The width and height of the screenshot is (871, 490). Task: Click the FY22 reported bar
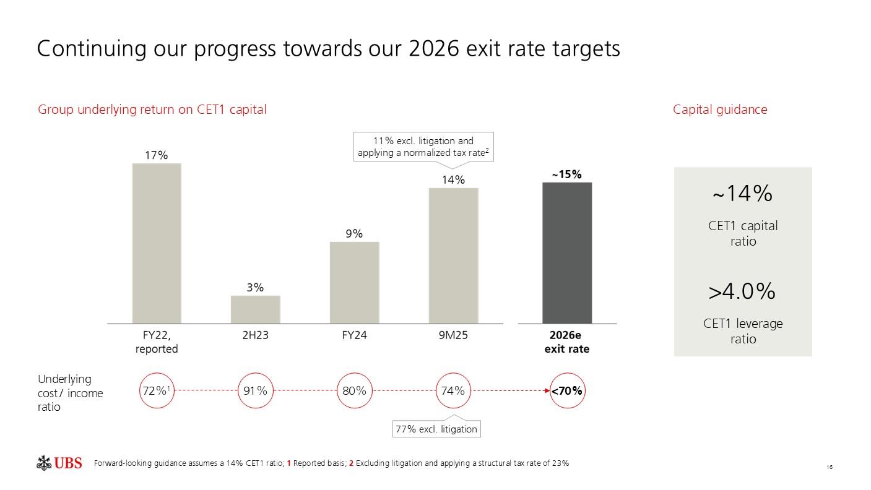click(x=157, y=243)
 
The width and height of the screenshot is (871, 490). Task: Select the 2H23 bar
click(x=255, y=309)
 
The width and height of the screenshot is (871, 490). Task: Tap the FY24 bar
click(x=354, y=282)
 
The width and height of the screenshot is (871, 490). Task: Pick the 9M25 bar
click(x=453, y=256)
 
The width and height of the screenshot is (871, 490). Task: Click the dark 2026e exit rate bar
click(x=567, y=252)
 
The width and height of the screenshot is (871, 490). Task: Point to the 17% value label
click(x=157, y=155)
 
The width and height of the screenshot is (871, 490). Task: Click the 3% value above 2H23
click(x=255, y=288)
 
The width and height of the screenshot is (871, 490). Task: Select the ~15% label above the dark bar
click(x=567, y=174)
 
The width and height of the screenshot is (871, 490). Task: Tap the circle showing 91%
click(x=256, y=391)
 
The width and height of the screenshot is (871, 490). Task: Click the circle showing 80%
click(x=354, y=391)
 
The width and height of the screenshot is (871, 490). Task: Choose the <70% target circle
click(x=568, y=391)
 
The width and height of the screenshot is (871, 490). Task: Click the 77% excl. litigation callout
click(x=436, y=429)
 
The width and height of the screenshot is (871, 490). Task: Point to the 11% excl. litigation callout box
click(x=424, y=147)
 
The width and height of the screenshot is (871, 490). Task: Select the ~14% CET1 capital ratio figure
click(x=742, y=194)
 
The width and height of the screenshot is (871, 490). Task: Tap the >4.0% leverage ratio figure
click(x=742, y=291)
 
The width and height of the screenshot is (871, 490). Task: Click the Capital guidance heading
click(x=720, y=110)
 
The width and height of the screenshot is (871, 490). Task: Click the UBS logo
click(x=59, y=463)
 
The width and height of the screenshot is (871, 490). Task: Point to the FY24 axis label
click(x=354, y=335)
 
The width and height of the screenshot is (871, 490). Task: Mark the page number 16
click(x=829, y=467)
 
